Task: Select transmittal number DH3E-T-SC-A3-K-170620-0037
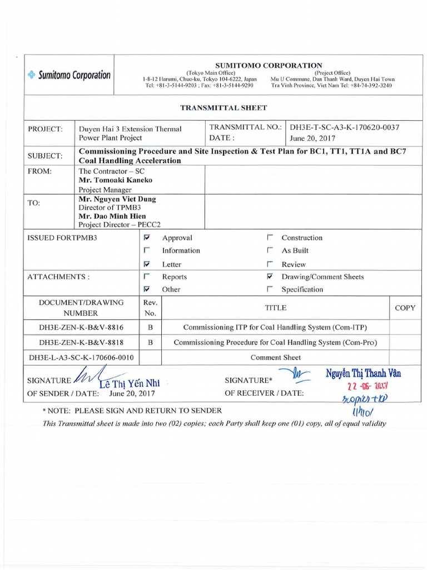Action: coord(345,127)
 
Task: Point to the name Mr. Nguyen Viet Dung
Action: coord(117,199)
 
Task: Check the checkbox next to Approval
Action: coord(147,238)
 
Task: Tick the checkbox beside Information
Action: coord(147,250)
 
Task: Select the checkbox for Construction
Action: coord(270,238)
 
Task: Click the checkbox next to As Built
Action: coord(270,250)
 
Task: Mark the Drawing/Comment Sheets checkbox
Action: coord(270,277)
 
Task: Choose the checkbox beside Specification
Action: coord(270,289)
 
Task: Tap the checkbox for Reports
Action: coord(147,277)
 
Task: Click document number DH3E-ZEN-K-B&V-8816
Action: coord(82,328)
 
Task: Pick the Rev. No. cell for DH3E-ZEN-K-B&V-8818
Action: coord(150,343)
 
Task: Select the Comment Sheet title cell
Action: coord(275,357)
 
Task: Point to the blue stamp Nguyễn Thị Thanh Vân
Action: coord(363,374)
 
